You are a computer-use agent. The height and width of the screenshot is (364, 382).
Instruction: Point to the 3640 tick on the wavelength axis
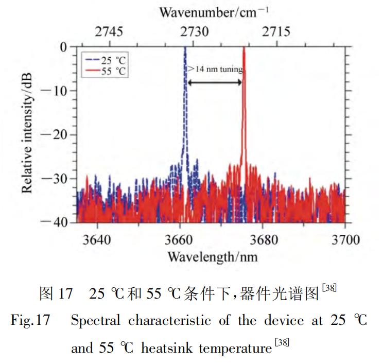pyautogui.click(x=96, y=239)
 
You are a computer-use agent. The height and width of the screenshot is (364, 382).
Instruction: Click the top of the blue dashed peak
pyautogui.click(x=185, y=48)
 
